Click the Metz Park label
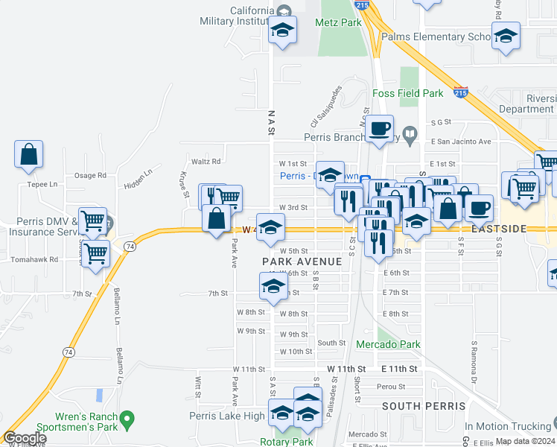pyautogui.click(x=338, y=22)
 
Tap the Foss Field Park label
pyautogui.click(x=407, y=93)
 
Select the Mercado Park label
pyautogui.click(x=388, y=344)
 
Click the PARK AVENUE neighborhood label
pyautogui.click(x=302, y=261)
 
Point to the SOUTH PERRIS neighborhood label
pyautogui.click(x=423, y=406)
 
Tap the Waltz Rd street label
pyautogui.click(x=206, y=161)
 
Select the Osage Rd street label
pyautogui.click(x=90, y=176)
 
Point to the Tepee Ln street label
pyautogui.click(x=42, y=184)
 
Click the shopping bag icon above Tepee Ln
pyautogui.click(x=28, y=155)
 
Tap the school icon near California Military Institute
pyautogui.click(x=282, y=31)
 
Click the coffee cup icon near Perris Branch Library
pyautogui.click(x=379, y=127)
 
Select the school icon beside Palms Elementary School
pyautogui.click(x=506, y=36)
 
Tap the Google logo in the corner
pyautogui.click(x=25, y=439)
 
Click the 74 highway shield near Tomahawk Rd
pyautogui.click(x=130, y=246)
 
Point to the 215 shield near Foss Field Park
pyautogui.click(x=461, y=93)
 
